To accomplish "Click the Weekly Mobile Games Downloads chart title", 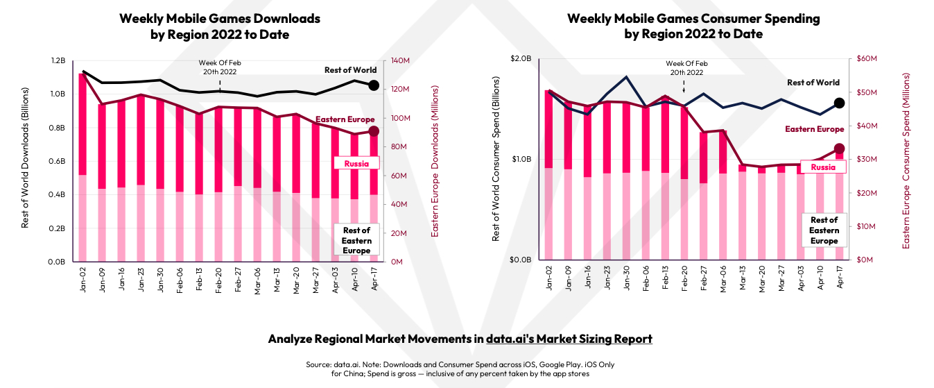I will (x=220, y=26).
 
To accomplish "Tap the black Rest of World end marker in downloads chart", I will (x=373, y=85).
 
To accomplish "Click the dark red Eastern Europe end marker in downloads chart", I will (x=373, y=131).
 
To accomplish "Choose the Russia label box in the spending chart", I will (x=823, y=167).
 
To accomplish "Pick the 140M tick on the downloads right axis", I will (x=401, y=61).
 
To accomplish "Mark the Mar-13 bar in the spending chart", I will (x=743, y=212).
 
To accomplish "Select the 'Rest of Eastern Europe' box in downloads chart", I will (x=356, y=240).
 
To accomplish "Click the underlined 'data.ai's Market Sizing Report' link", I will (x=569, y=339).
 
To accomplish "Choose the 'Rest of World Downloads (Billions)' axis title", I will (x=26, y=158).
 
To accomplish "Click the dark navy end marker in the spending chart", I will (x=838, y=103).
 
